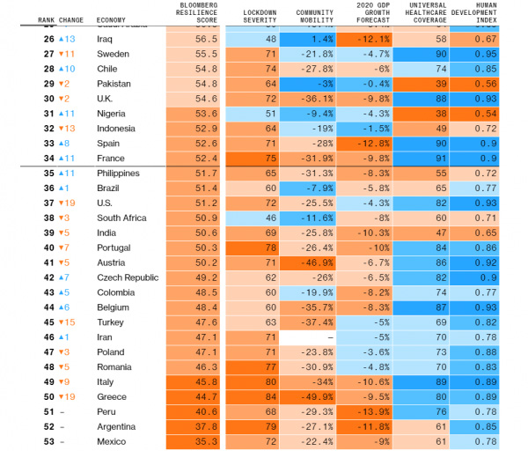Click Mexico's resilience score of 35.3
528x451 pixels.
coord(205,441)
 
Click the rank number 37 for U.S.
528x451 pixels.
coord(48,203)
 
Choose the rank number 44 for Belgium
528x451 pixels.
coord(48,307)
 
